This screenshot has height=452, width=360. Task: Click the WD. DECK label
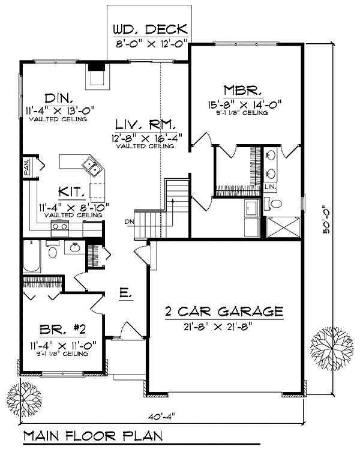tap(150, 29)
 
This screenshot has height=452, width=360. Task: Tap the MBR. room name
tap(242, 90)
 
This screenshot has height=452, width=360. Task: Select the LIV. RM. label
tap(146, 124)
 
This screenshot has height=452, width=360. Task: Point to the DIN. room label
tap(59, 98)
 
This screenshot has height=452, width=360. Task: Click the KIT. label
tap(72, 191)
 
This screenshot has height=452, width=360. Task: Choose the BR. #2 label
tap(62, 329)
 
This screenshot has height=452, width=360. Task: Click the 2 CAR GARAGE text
tap(224, 312)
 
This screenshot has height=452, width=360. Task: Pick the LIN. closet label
tap(271, 187)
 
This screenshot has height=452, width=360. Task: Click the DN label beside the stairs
tap(129, 221)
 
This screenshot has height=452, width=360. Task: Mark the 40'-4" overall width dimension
tap(161, 417)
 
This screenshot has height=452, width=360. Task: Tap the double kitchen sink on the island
tap(92, 167)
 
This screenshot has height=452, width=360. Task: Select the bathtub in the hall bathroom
tap(32, 256)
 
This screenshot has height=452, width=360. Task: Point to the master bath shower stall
tap(284, 228)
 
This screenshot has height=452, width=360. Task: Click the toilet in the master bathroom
tap(273, 203)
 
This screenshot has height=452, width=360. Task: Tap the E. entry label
tap(125, 293)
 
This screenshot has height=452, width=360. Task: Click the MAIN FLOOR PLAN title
tap(93, 436)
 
